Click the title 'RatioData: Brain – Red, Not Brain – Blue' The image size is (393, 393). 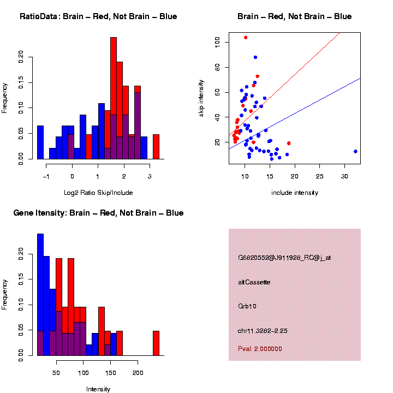click(x=98, y=16)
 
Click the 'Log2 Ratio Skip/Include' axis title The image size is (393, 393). click(x=98, y=192)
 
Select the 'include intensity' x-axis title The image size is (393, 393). click(x=294, y=192)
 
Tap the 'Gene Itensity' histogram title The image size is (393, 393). click(x=98, y=212)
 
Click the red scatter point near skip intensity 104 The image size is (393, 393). click(x=246, y=37)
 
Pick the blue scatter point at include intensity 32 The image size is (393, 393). click(x=355, y=151)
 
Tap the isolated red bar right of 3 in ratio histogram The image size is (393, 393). click(x=156, y=146)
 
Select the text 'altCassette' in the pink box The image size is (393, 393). click(x=254, y=282)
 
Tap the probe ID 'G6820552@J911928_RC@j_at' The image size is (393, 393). click(x=284, y=258)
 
